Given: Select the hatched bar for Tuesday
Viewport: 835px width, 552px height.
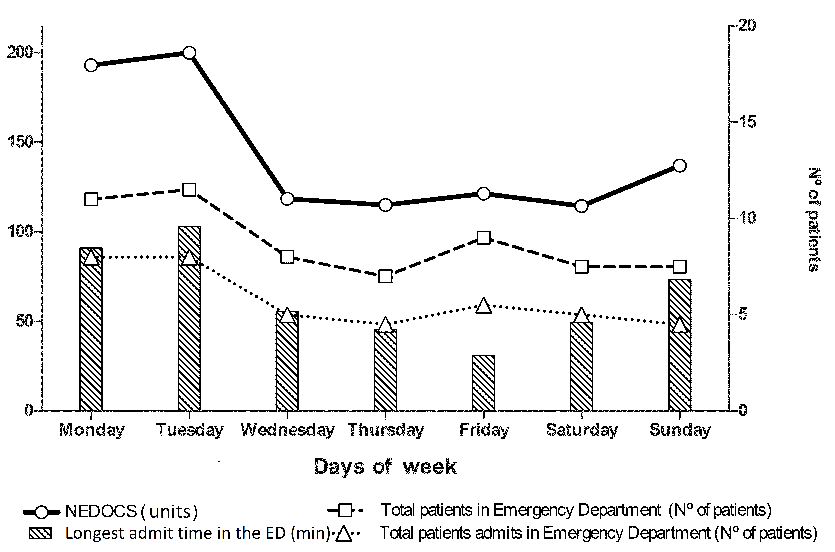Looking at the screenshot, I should [189, 319].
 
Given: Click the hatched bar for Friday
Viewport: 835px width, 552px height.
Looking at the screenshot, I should [483, 383].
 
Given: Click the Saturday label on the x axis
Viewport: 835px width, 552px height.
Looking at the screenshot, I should [582, 430].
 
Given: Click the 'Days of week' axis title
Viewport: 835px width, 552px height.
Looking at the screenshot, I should [385, 467].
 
